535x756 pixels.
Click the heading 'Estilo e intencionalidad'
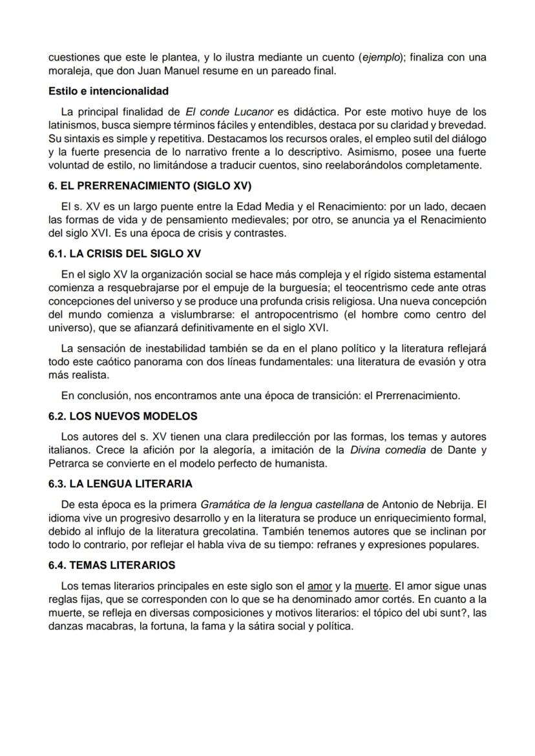pos(108,91)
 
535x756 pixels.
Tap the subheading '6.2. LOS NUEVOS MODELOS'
pos(123,416)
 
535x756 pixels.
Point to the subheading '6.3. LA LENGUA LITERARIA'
pos(120,484)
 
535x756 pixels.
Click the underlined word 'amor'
pos(319,586)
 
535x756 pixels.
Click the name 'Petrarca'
pos(69,464)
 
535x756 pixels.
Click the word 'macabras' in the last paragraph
pos(103,627)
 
